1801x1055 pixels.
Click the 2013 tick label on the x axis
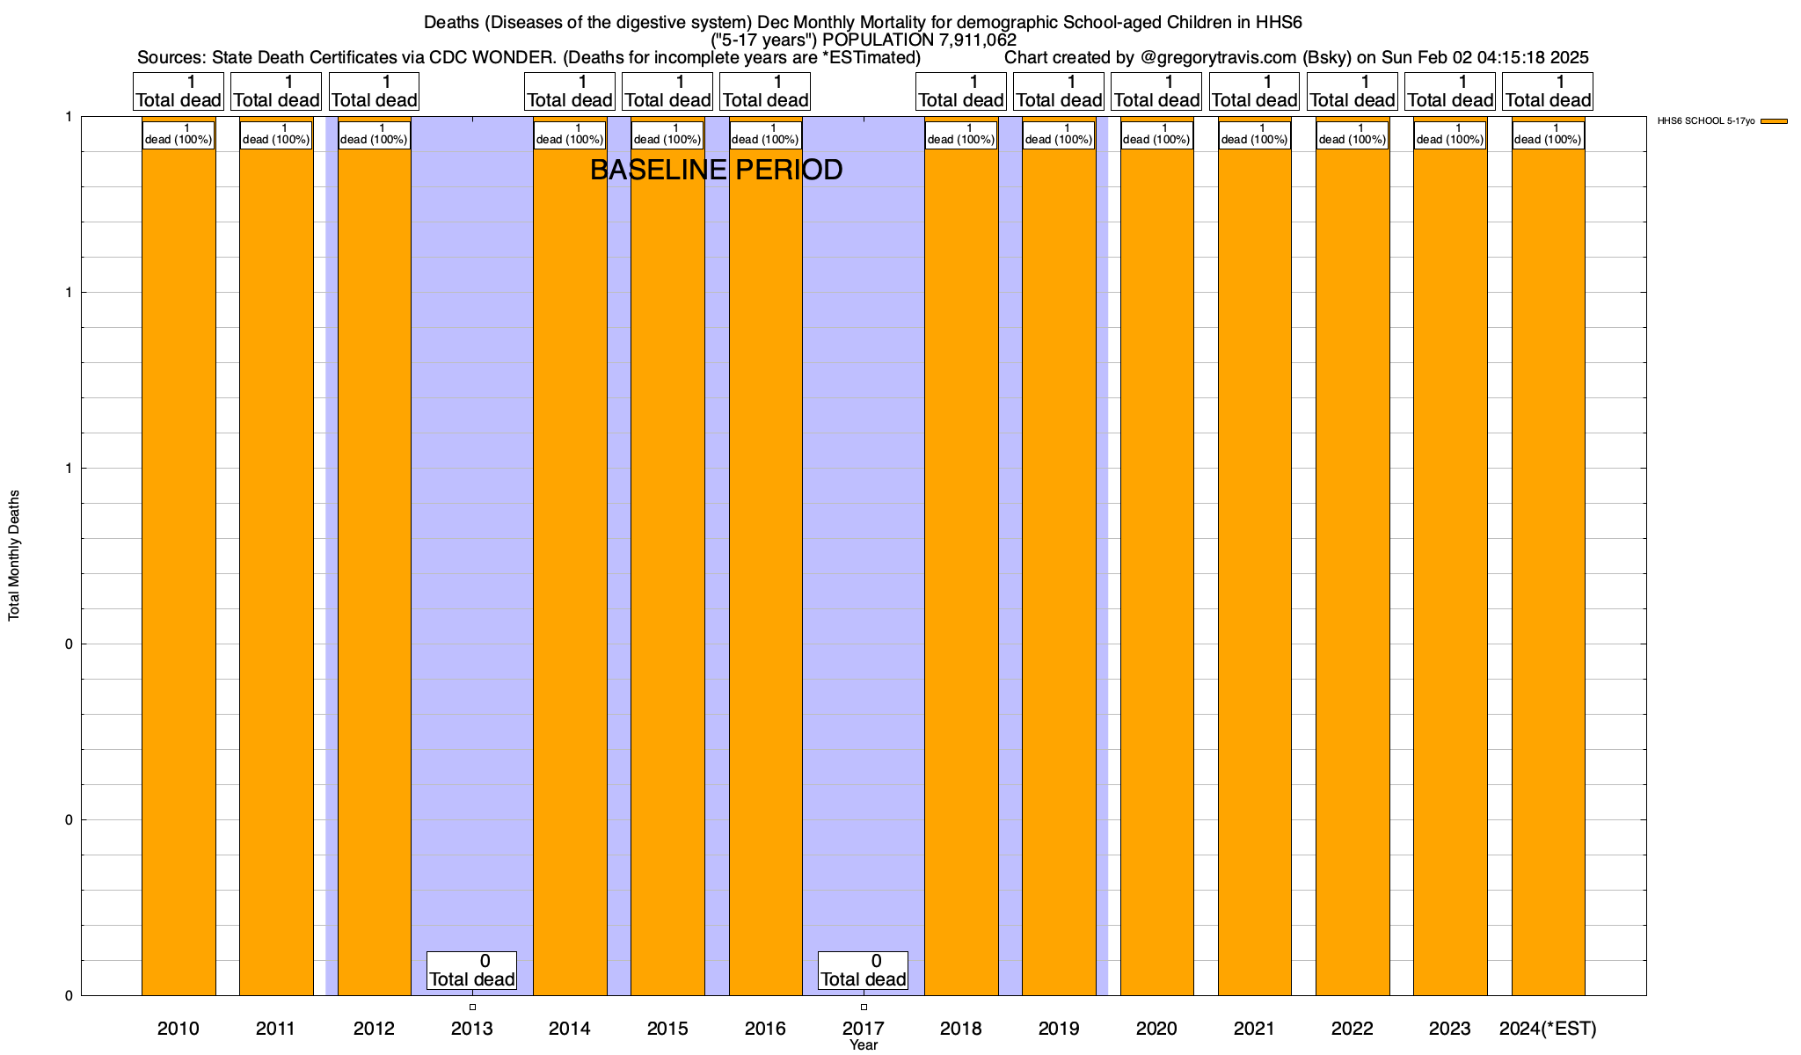tap(471, 1028)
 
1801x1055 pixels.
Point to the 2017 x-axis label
tap(863, 1028)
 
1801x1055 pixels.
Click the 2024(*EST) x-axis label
tap(1548, 1028)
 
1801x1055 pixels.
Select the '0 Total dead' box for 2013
tap(471, 971)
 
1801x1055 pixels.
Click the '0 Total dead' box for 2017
tap(863, 971)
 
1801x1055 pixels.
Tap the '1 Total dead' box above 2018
tap(961, 91)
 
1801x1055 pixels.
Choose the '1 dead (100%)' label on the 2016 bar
tap(765, 135)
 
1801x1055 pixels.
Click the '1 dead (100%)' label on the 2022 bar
tap(1353, 135)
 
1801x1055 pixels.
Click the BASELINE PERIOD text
tap(716, 170)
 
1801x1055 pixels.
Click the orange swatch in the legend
tap(1774, 121)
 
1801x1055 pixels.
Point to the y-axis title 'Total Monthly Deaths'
tap(14, 556)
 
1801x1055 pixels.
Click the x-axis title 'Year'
tap(864, 1045)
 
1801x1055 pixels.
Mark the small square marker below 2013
tap(472, 1007)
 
